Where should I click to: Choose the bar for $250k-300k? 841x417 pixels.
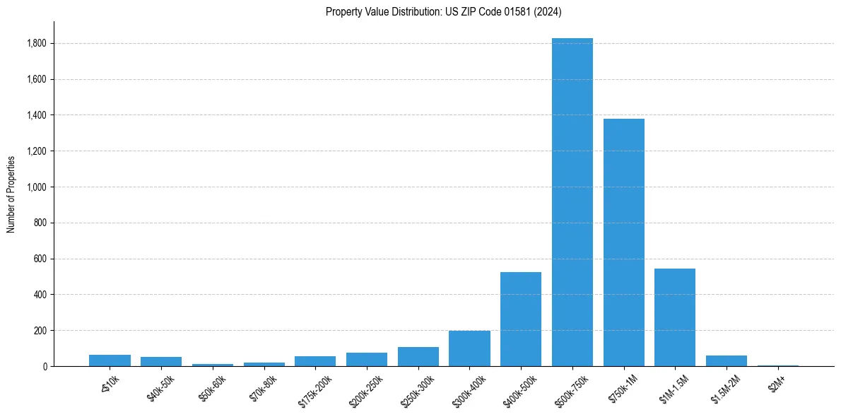pyautogui.click(x=418, y=357)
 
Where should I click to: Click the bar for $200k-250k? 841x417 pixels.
pyautogui.click(x=367, y=359)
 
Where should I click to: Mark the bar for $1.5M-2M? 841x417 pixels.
pyautogui.click(x=726, y=361)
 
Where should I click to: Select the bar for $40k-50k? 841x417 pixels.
pyautogui.click(x=161, y=362)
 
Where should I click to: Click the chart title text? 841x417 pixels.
pyautogui.click(x=443, y=11)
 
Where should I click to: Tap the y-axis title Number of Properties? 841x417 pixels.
pyautogui.click(x=11, y=194)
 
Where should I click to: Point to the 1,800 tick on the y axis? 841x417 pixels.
pyautogui.click(x=36, y=44)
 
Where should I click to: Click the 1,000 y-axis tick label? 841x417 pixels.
pyautogui.click(x=36, y=187)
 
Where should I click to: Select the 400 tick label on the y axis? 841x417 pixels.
pyautogui.click(x=40, y=295)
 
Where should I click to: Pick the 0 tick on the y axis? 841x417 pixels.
pyautogui.click(x=45, y=366)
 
